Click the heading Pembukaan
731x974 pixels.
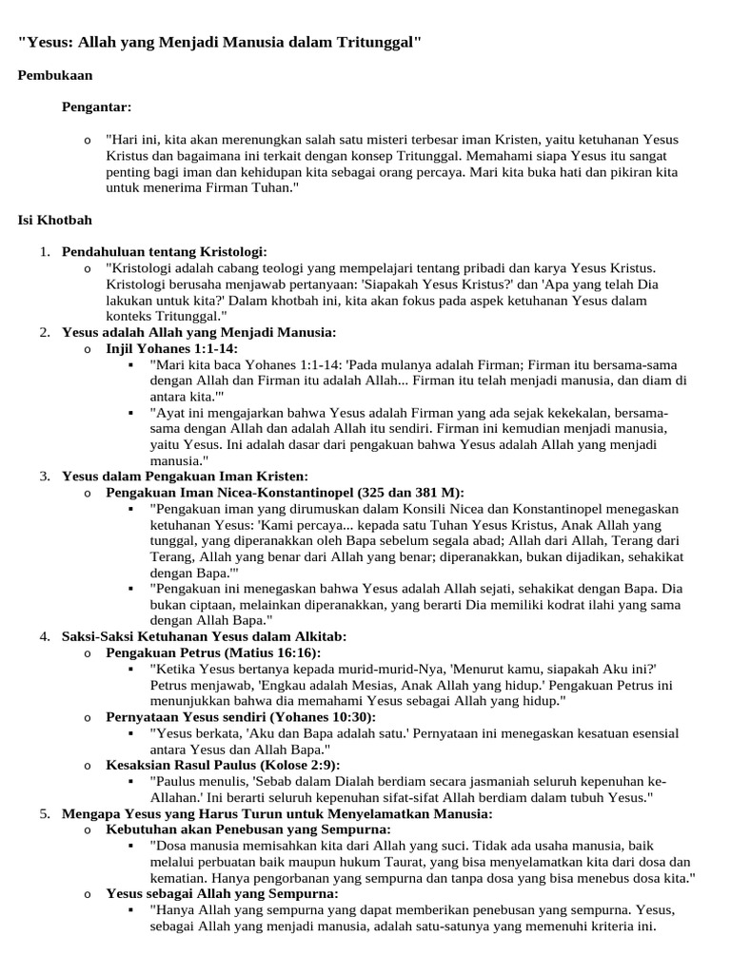[55, 75]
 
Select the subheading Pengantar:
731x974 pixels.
[97, 107]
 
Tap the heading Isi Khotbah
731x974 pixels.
[55, 220]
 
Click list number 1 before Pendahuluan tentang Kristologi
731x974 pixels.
[44, 251]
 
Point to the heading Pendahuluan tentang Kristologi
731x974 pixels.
[165, 251]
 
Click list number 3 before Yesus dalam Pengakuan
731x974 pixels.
[44, 476]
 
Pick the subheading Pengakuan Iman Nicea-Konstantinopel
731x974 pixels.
[229, 492]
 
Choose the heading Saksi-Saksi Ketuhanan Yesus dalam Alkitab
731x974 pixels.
[205, 635]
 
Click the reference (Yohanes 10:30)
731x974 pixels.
[323, 716]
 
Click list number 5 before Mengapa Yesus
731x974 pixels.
[44, 814]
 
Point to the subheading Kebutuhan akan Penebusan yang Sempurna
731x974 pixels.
[242, 829]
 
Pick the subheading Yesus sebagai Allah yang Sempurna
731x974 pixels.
[222, 894]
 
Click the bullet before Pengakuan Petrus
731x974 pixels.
[87, 653]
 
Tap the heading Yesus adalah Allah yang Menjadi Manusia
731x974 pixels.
[199, 332]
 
